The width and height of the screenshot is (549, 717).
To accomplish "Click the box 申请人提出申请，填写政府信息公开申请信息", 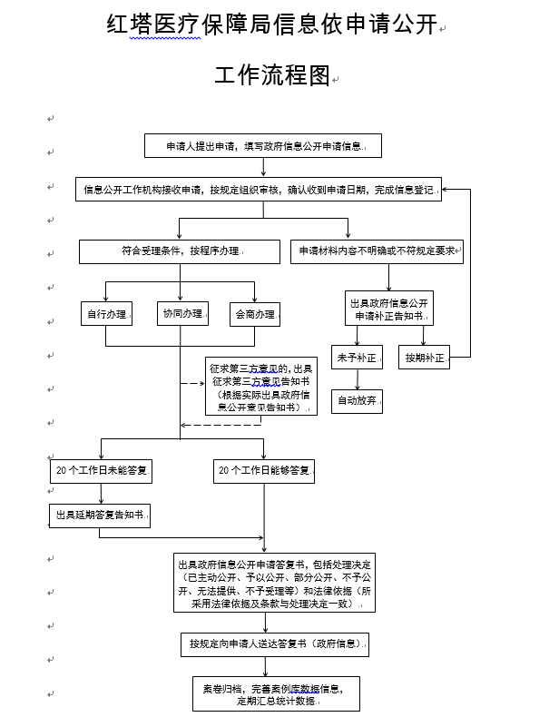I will pyautogui.click(x=263, y=145).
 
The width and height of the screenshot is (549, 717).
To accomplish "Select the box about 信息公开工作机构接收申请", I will pyautogui.click(x=259, y=190).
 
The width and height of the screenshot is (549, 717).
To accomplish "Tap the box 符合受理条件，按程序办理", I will pyautogui.click(x=179, y=250).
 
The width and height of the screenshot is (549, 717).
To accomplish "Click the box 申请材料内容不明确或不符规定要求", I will pyautogui.click(x=377, y=250).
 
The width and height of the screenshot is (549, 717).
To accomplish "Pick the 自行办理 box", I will pyautogui.click(x=105, y=314).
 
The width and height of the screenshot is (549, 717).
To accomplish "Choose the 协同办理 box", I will pyautogui.click(x=181, y=313).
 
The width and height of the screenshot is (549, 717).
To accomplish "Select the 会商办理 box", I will pyautogui.click(x=254, y=314).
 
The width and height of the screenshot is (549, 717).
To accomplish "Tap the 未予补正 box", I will pyautogui.click(x=355, y=358).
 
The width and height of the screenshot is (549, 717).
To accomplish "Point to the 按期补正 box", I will pyautogui.click(x=425, y=358).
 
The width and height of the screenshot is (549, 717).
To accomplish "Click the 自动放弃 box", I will pyautogui.click(x=355, y=400).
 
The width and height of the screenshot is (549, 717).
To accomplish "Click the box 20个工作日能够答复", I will pyautogui.click(x=264, y=470).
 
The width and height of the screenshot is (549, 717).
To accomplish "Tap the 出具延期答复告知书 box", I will pyautogui.click(x=100, y=516).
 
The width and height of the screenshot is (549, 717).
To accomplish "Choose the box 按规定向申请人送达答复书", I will pyautogui.click(x=275, y=643).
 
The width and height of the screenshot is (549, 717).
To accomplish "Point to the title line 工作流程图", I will pyautogui.click(x=272, y=76).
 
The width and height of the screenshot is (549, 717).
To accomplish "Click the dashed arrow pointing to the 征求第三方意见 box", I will pyautogui.click(x=191, y=383).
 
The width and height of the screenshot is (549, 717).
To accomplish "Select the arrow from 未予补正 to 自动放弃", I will pyautogui.click(x=355, y=379).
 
